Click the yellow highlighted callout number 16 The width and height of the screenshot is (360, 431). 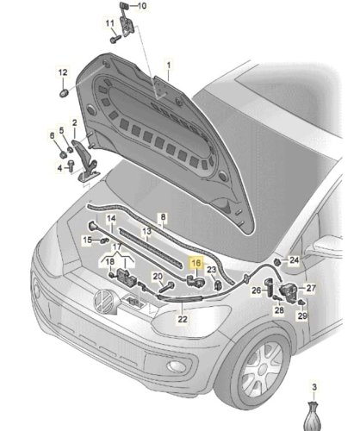(x=196, y=263)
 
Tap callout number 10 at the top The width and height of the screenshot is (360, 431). (x=142, y=5)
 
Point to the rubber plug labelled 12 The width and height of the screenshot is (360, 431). (x=64, y=92)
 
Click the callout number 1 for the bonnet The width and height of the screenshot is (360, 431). (x=169, y=66)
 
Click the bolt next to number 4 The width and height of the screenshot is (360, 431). (x=71, y=166)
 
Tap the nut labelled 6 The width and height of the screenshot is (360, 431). (x=63, y=154)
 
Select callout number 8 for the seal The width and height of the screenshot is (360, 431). (x=163, y=217)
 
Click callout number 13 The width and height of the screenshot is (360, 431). (x=146, y=231)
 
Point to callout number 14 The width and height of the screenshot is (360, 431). (x=111, y=219)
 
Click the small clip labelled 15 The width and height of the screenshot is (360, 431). (x=104, y=240)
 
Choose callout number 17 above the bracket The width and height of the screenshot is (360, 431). (x=117, y=247)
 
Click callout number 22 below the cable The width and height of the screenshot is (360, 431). (x=183, y=319)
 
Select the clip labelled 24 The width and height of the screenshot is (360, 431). (x=277, y=262)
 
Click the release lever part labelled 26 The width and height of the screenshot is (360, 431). (x=270, y=287)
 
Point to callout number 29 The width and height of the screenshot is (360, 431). (x=302, y=315)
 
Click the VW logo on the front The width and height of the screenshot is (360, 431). (x=103, y=301)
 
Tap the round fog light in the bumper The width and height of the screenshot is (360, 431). (x=177, y=366)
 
